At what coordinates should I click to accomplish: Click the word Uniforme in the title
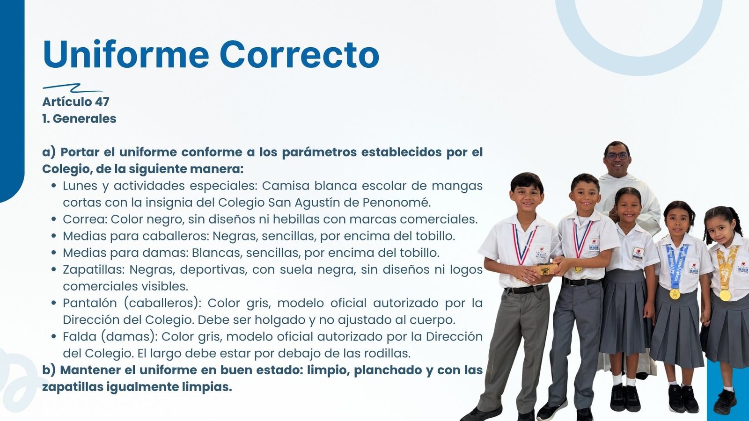(x=126, y=54)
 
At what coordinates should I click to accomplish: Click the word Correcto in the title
(x=299, y=54)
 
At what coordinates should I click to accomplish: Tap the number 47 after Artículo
(x=102, y=102)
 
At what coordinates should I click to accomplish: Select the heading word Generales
(x=85, y=119)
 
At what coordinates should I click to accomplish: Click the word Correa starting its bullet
(x=85, y=219)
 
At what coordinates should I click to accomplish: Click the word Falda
(x=79, y=336)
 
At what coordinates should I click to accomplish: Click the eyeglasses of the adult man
(x=617, y=156)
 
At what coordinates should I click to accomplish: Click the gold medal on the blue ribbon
(x=675, y=294)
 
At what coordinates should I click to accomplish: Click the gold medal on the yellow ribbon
(x=725, y=295)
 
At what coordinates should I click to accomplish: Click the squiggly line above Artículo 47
(x=73, y=88)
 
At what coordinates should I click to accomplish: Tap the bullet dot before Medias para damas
(x=54, y=253)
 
